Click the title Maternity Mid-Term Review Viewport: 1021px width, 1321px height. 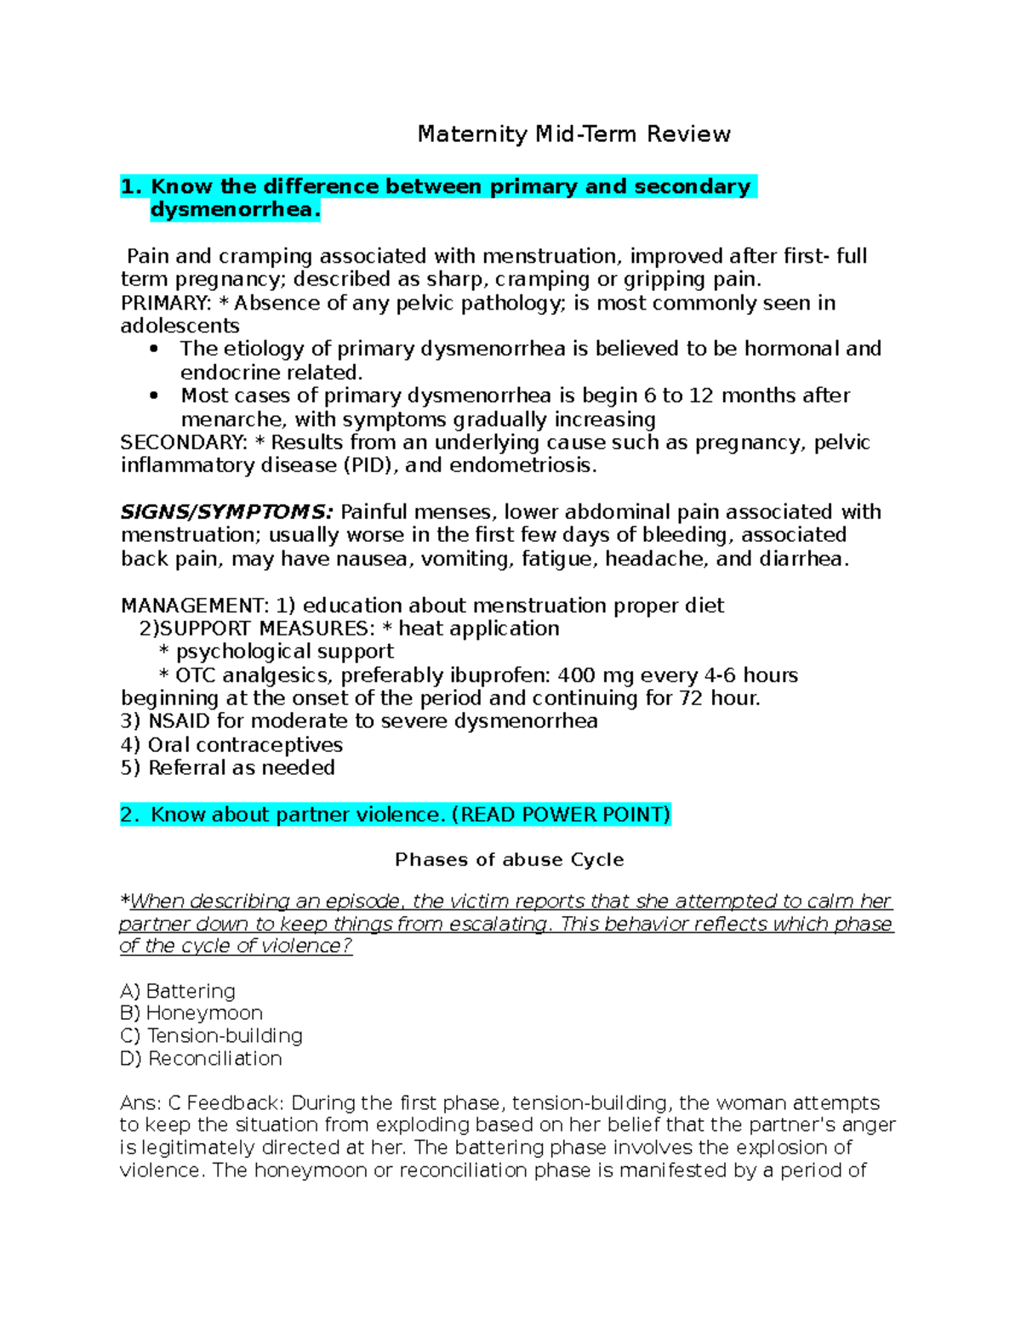tap(573, 134)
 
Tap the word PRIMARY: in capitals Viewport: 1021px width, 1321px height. tap(166, 304)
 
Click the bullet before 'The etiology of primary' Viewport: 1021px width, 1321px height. tap(154, 349)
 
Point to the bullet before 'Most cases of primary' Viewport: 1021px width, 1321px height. tap(154, 396)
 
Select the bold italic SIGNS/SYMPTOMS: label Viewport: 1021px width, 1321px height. tap(226, 512)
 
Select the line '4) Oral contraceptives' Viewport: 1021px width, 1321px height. tap(231, 745)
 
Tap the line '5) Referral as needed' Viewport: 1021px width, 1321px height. tap(228, 768)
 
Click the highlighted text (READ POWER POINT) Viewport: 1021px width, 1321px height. tap(561, 815)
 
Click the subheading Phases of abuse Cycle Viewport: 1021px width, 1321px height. tap(509, 860)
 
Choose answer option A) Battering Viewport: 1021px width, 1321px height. tap(178, 991)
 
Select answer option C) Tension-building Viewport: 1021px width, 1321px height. tap(212, 1036)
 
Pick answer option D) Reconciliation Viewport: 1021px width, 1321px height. tap(201, 1059)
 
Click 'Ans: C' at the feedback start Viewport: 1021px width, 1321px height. tap(151, 1103)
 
